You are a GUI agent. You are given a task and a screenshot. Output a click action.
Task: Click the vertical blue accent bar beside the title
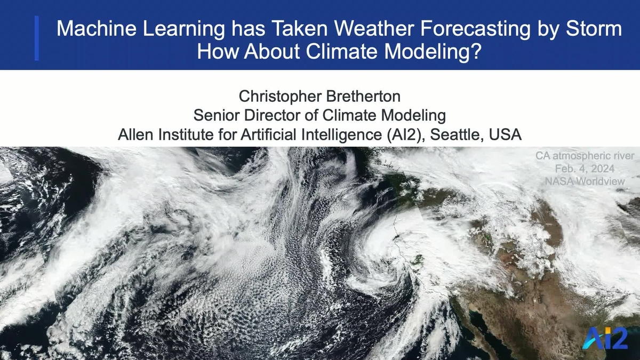(x=36, y=38)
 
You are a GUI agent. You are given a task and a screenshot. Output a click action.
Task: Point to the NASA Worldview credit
(x=585, y=181)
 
